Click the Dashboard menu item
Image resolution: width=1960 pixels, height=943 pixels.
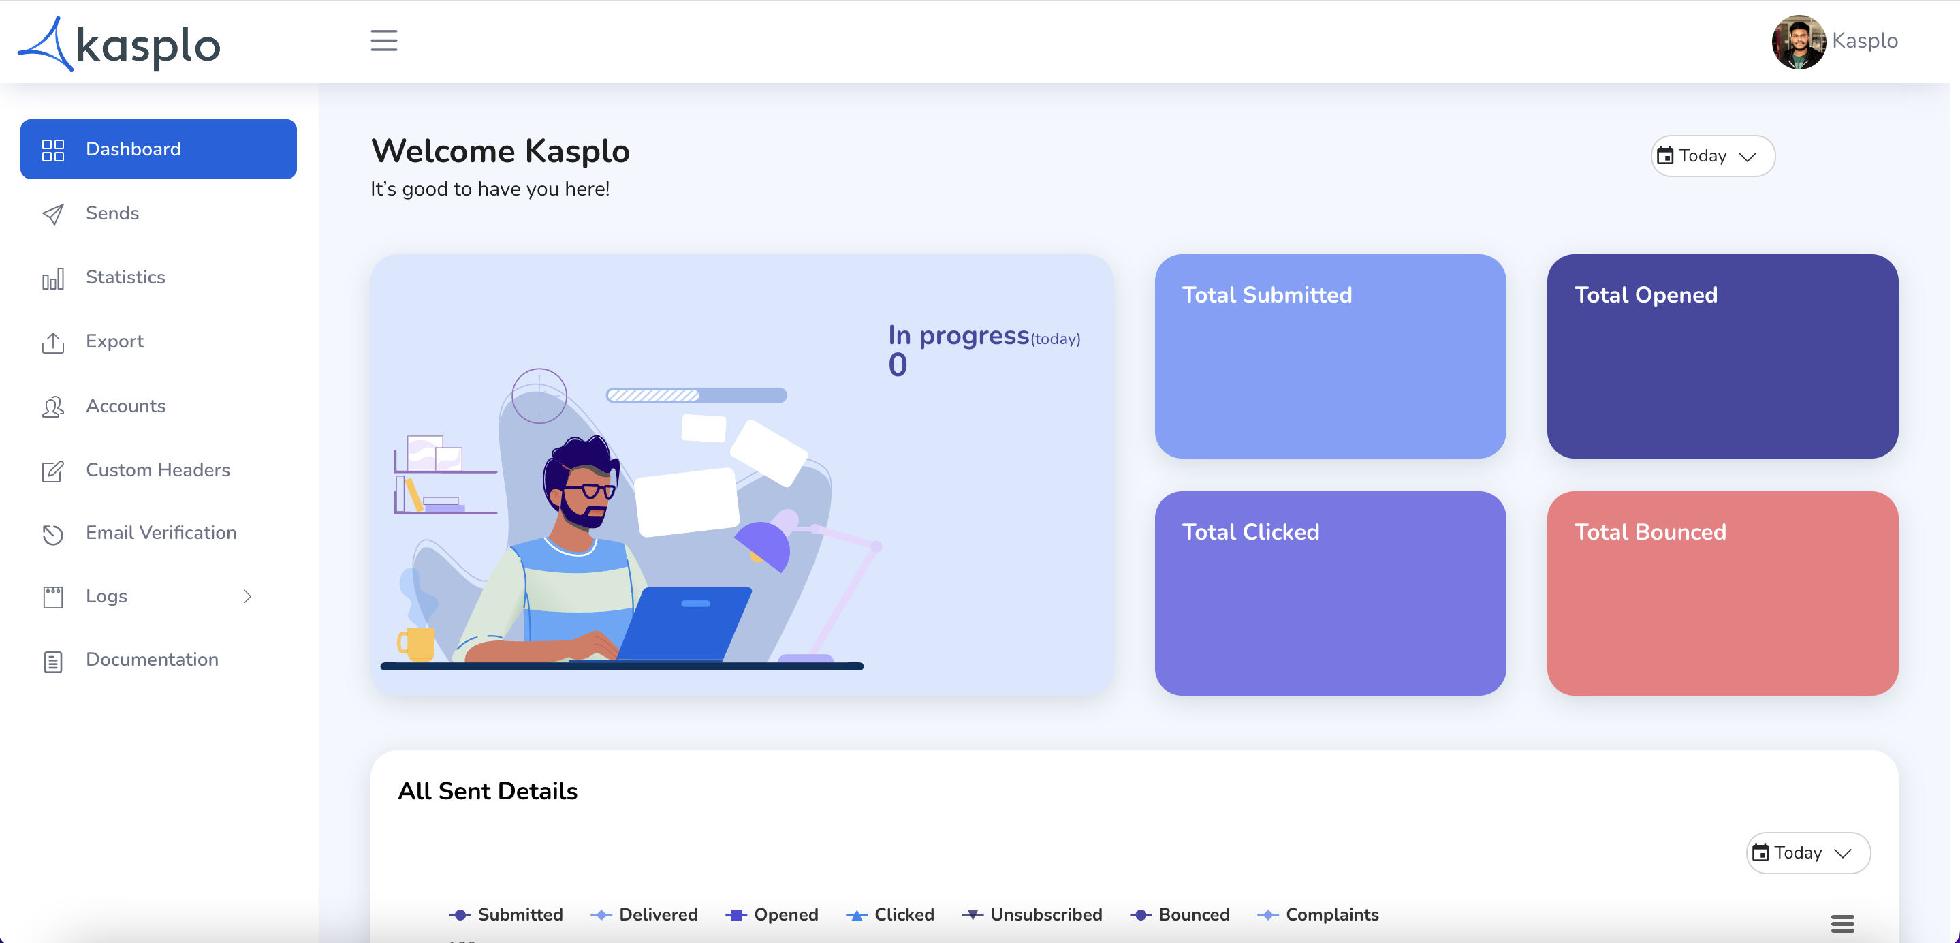[x=158, y=149]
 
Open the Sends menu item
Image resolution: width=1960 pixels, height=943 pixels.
[x=112, y=213]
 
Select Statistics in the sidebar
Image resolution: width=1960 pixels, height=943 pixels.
[x=125, y=277]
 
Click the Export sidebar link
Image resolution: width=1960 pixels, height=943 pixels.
[x=114, y=341]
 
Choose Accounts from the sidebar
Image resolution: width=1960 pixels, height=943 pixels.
[x=125, y=405]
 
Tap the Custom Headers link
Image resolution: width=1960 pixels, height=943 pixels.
[x=157, y=469]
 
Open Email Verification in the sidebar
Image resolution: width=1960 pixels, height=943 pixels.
[x=161, y=533]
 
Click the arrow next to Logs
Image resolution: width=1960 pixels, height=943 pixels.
[x=247, y=596]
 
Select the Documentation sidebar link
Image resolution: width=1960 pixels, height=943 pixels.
[x=151, y=659]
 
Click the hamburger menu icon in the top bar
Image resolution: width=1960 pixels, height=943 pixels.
[x=384, y=40]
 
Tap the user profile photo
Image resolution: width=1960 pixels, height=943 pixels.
[x=1799, y=42]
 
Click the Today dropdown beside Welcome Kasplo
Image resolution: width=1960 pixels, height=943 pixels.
[x=1713, y=156]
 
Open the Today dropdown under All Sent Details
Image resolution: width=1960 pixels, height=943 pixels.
[x=1808, y=852]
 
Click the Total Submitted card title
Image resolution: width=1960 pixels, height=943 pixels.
[x=1267, y=294]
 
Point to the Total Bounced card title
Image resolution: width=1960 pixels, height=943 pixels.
[x=1649, y=531]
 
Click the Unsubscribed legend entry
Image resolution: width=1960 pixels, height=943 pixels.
[x=1032, y=914]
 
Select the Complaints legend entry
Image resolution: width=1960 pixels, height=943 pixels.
[x=1318, y=914]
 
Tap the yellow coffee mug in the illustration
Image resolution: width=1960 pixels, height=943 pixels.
[x=415, y=644]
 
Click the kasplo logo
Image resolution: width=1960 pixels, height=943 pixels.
[x=118, y=44]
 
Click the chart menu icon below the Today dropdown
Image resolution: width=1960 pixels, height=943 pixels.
[x=1842, y=923]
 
